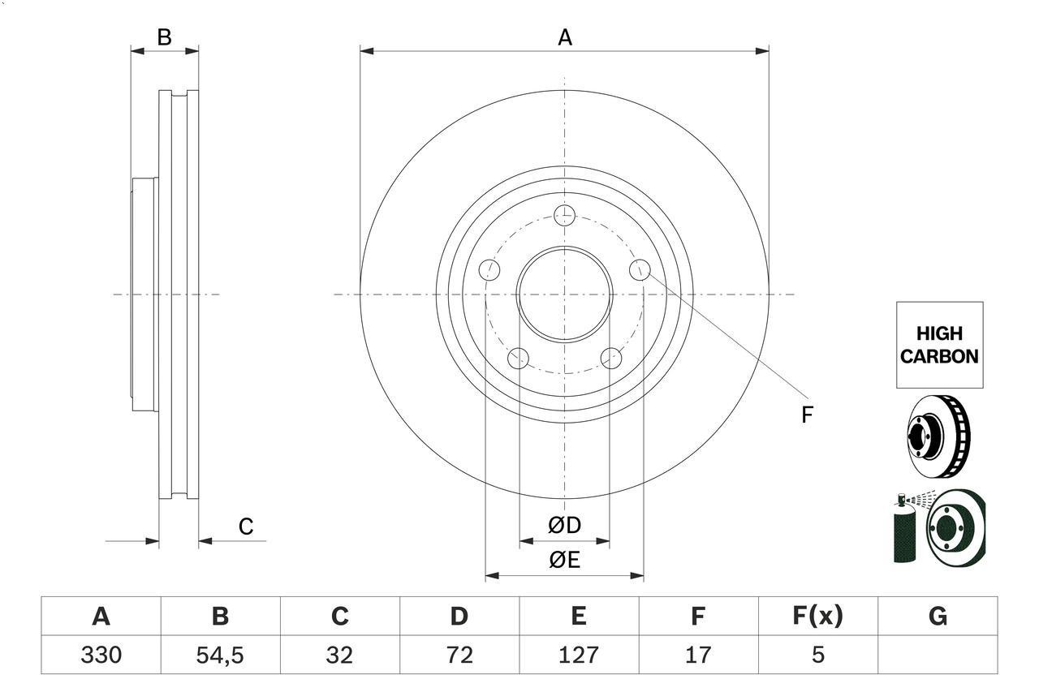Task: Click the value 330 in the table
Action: (101, 655)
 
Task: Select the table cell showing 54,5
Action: (220, 655)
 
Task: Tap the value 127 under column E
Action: (578, 655)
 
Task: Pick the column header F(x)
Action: (817, 617)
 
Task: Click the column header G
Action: (938, 617)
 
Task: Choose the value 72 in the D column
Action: (459, 655)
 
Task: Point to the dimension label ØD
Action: (564, 526)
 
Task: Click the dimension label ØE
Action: (564, 561)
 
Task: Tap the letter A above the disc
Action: (565, 37)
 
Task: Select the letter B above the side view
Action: (165, 37)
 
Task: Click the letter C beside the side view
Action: (246, 527)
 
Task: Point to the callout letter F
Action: (807, 415)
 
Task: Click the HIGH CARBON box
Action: (939, 345)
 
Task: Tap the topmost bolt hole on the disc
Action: (564, 216)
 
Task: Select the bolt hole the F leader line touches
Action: (640, 269)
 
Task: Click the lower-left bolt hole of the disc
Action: (518, 358)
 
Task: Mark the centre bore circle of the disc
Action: (564, 294)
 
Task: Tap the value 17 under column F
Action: (697, 655)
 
